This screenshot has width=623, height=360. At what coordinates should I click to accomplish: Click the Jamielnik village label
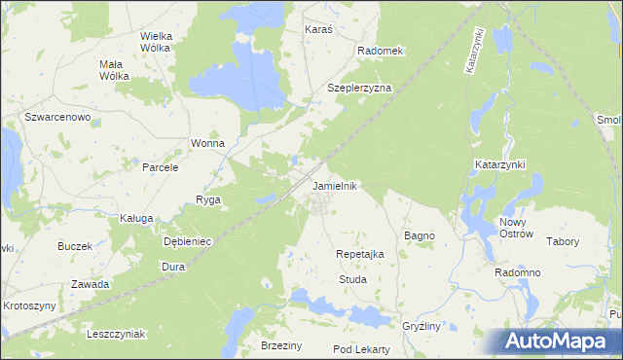(336, 185)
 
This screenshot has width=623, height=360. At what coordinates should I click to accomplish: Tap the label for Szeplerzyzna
(359, 88)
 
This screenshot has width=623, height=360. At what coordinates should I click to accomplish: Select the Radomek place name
(380, 50)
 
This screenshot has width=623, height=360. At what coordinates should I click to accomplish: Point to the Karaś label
(318, 30)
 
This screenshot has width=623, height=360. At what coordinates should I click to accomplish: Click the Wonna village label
(207, 143)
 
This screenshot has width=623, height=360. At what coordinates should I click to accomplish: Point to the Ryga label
(208, 199)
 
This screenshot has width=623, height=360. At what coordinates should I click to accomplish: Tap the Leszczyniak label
(116, 334)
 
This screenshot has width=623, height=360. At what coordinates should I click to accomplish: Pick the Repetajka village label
(360, 253)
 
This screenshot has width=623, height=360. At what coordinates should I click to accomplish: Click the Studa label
(351, 279)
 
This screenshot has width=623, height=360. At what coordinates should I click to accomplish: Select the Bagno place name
(419, 235)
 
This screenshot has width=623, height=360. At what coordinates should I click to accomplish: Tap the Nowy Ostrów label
(516, 228)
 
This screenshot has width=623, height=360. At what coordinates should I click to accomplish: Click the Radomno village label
(517, 273)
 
